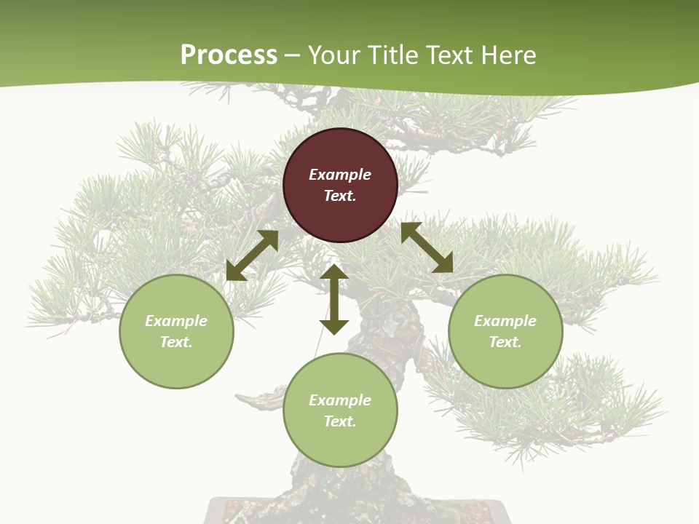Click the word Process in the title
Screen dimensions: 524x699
tap(229, 55)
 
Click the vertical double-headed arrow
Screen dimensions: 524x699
tap(334, 299)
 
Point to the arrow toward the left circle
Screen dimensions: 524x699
tap(252, 255)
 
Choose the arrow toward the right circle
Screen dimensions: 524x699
tap(427, 247)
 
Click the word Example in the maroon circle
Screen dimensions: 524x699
tap(340, 175)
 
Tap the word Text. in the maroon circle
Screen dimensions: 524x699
tap(340, 196)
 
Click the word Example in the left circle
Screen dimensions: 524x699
tap(176, 321)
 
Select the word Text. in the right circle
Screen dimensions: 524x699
tap(505, 342)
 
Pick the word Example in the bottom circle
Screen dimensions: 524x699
tap(340, 400)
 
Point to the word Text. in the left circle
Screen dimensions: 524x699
tap(176, 342)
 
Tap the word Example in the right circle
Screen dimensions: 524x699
tap(505, 321)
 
